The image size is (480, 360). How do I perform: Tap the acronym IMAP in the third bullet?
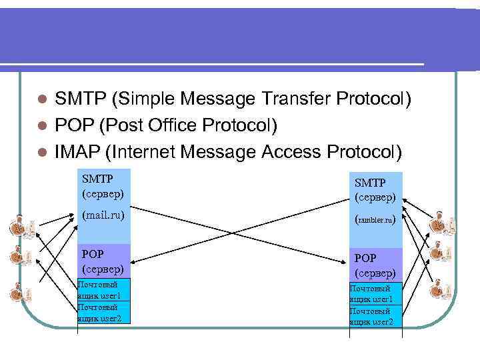(78, 151)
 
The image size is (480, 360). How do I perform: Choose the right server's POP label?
(365, 257)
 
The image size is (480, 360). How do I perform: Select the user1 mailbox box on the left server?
(103, 290)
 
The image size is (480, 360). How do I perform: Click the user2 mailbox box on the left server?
(103, 313)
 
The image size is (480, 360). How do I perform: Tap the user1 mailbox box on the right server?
(376, 294)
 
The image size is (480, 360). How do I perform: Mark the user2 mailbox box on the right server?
(376, 317)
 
